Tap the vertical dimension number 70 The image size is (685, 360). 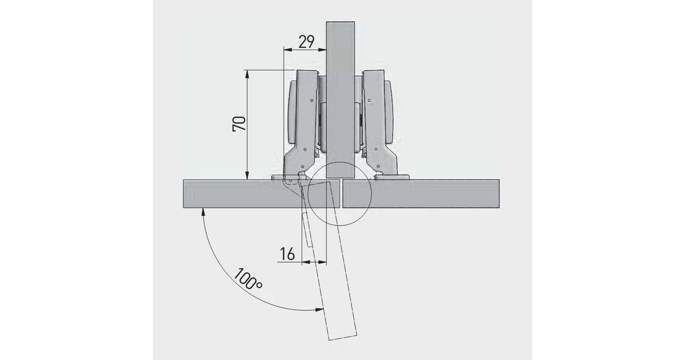coord(239,123)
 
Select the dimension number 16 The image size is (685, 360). coord(288,254)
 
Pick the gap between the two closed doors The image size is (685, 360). coord(341,194)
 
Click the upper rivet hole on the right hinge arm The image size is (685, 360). coord(370,101)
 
